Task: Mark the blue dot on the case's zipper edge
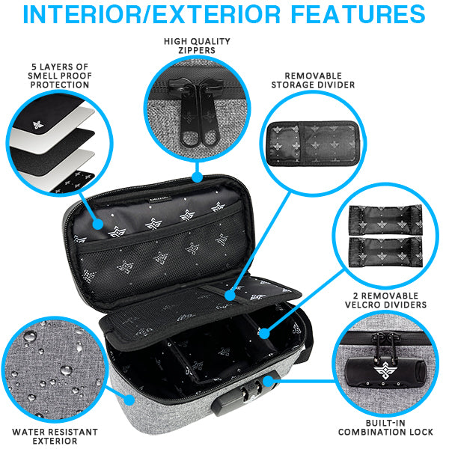[197, 178]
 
